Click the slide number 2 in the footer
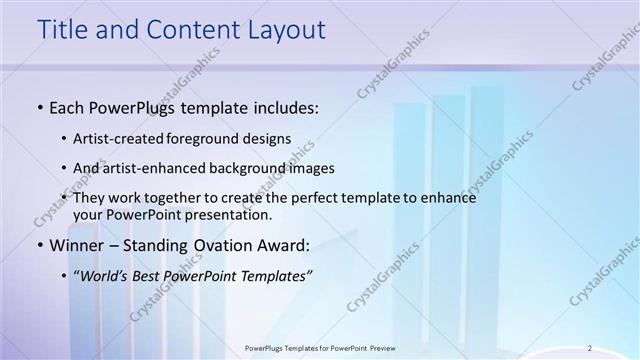click(590, 348)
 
